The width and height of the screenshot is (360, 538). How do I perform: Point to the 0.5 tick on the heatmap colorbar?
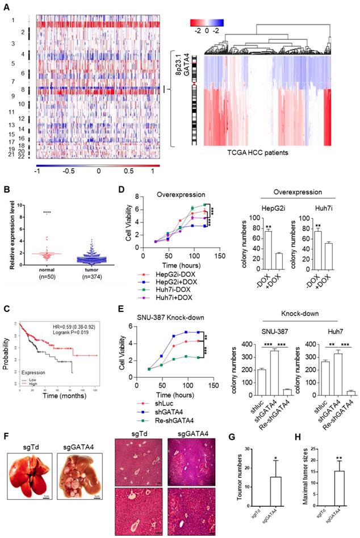[129, 170]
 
